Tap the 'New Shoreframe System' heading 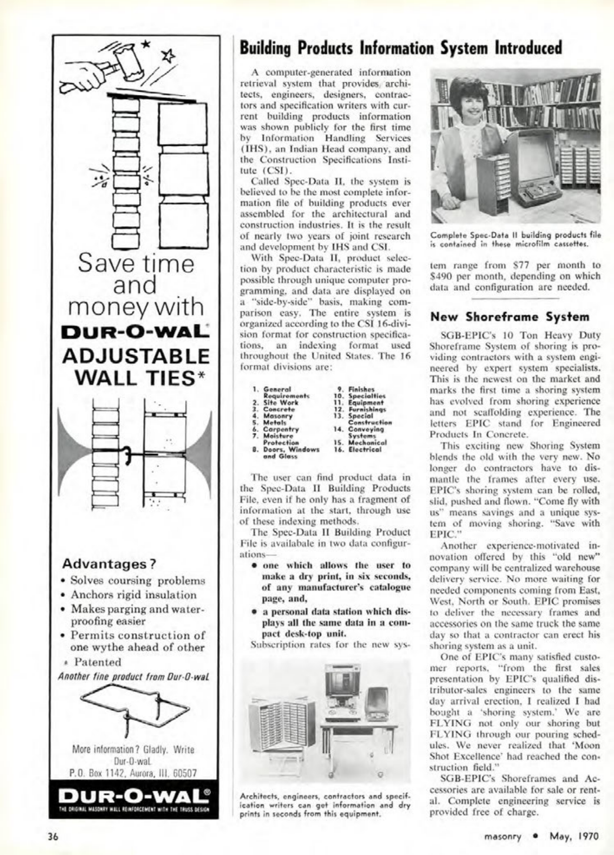[510, 317]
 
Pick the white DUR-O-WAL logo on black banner [134, 794]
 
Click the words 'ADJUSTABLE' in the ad [136, 356]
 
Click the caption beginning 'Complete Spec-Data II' [515, 239]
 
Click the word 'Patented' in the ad [97, 662]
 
